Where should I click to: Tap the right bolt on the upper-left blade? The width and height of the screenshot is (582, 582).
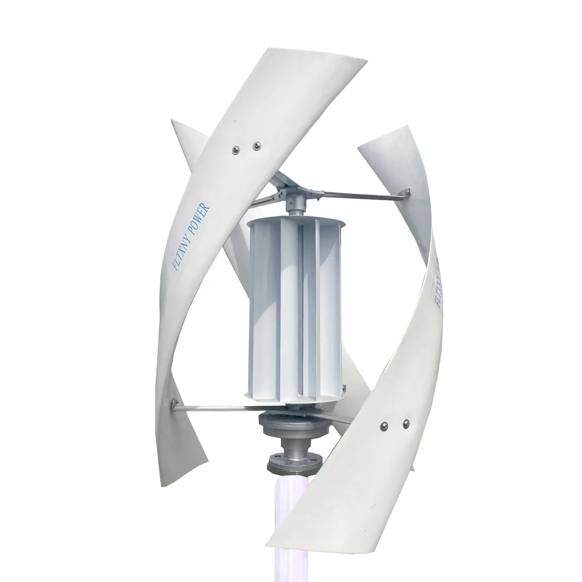[x=257, y=144]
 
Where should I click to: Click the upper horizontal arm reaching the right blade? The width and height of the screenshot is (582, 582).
[x=357, y=198]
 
